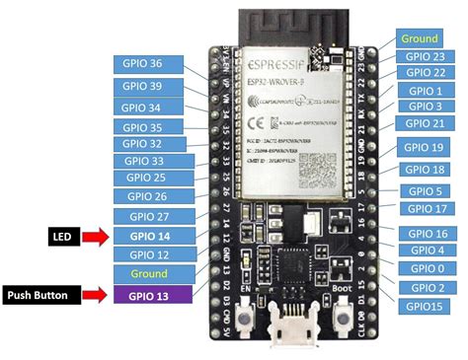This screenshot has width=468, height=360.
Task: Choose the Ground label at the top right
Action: (420, 38)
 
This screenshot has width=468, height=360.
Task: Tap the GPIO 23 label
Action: (425, 56)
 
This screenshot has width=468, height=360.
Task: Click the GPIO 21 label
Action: (426, 122)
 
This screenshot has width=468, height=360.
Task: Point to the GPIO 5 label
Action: (425, 190)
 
